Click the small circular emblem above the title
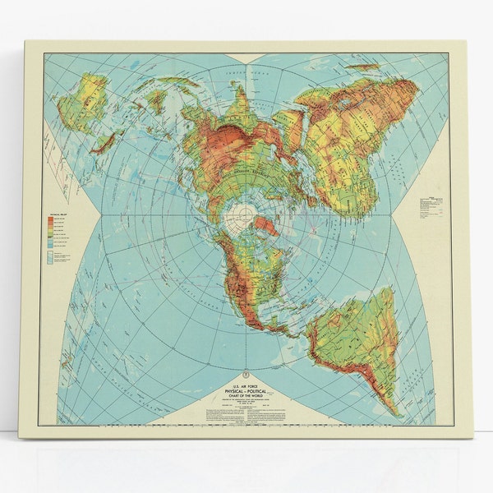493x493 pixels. (x=246, y=373)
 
